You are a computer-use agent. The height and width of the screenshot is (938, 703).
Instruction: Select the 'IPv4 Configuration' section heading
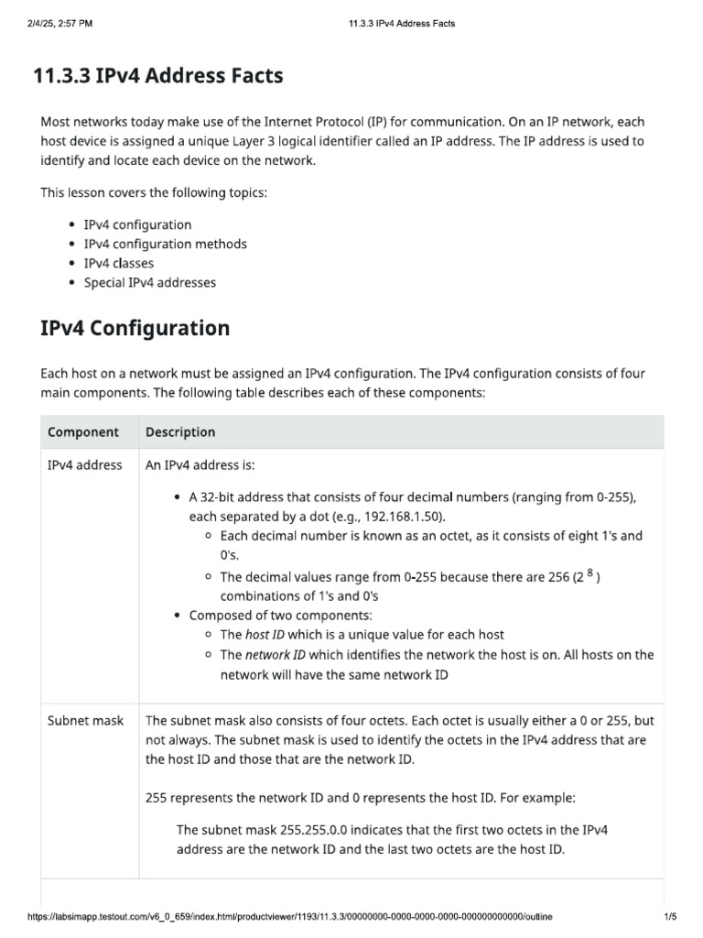pyautogui.click(x=135, y=328)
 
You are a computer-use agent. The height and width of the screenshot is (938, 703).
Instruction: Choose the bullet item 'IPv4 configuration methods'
pyautogui.click(x=165, y=244)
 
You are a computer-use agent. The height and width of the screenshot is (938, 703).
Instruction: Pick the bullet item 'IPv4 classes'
pyautogui.click(x=119, y=263)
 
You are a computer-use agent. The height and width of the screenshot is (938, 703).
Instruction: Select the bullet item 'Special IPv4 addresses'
pyautogui.click(x=149, y=282)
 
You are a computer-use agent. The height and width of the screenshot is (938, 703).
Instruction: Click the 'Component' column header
pyautogui.click(x=83, y=431)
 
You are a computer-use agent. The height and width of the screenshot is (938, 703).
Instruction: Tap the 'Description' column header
pyautogui.click(x=180, y=431)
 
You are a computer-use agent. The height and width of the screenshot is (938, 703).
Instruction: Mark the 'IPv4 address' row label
pyautogui.click(x=84, y=464)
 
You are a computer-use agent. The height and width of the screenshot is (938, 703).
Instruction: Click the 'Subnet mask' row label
pyautogui.click(x=85, y=721)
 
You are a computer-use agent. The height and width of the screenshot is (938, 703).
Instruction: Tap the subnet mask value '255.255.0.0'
pyautogui.click(x=308, y=829)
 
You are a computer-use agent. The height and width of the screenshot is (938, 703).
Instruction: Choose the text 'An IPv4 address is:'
pyautogui.click(x=200, y=464)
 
